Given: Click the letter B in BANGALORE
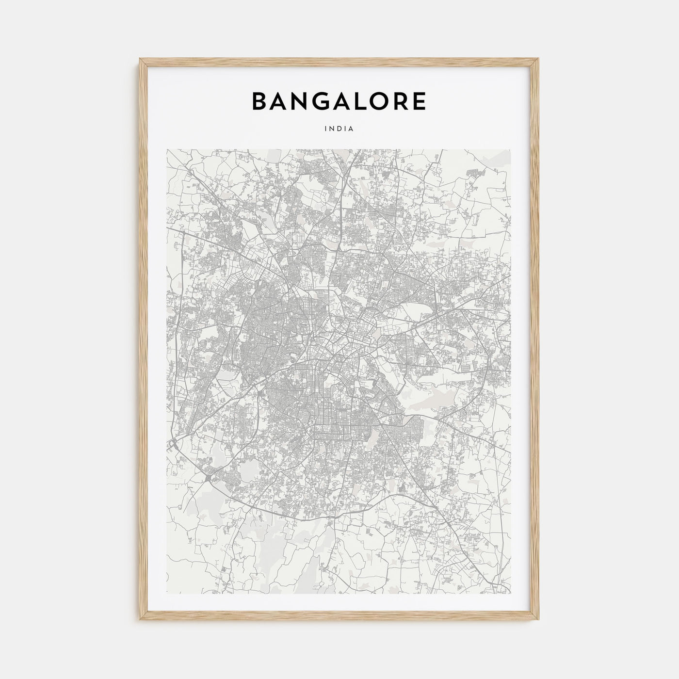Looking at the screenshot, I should (259, 101).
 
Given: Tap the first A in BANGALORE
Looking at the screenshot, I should (280, 101).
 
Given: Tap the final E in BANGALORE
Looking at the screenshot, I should (420, 101).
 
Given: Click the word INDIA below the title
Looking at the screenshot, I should (339, 129).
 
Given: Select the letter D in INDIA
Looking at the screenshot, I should (339, 129).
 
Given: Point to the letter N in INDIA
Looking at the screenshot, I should (333, 129).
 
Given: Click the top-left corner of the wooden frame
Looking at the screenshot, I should (140, 58).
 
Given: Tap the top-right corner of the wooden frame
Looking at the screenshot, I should (539, 58).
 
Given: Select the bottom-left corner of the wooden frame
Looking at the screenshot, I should (140, 621).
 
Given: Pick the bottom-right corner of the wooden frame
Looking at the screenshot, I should (539, 621).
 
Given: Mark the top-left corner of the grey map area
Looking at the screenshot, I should (167, 149).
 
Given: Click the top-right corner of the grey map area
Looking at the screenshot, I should (511, 149).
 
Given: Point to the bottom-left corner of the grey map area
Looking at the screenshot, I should (167, 594).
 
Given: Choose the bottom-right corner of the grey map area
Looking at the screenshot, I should (511, 594).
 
